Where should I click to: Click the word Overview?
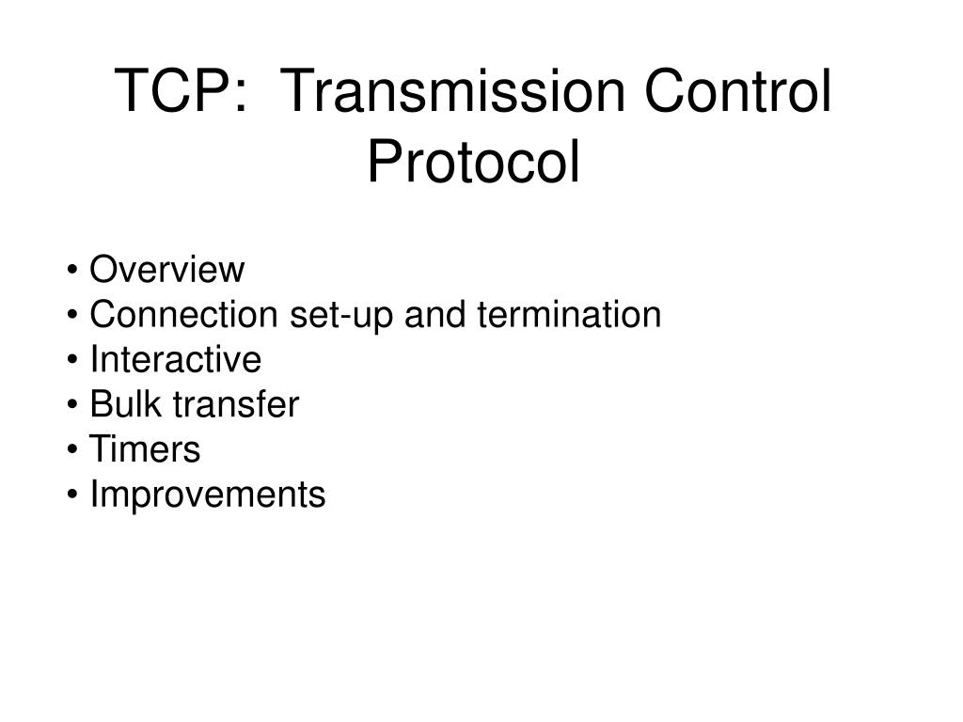pos(166,271)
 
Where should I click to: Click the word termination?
pos(570,316)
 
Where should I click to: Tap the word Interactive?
pos(175,360)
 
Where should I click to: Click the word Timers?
pos(145,450)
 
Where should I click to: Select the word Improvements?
pos(207,495)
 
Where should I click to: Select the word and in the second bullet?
pos(435,316)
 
